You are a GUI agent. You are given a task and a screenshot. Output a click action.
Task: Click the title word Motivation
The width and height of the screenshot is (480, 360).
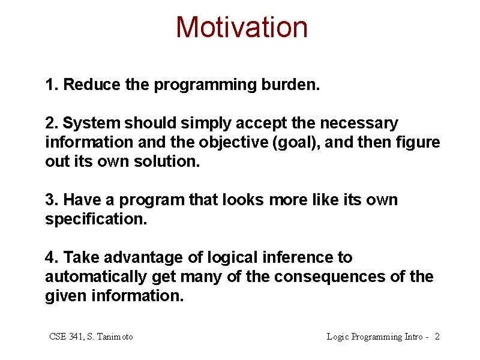(x=242, y=27)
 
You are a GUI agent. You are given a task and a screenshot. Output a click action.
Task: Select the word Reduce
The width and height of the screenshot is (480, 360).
(x=92, y=84)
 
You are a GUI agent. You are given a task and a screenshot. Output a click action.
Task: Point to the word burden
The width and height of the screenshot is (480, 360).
(x=290, y=84)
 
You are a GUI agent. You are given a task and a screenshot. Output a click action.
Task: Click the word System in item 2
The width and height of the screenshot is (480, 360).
(x=92, y=124)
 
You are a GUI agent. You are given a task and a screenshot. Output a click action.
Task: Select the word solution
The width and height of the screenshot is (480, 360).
(x=167, y=161)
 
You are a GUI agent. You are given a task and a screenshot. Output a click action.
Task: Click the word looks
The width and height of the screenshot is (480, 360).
(x=243, y=200)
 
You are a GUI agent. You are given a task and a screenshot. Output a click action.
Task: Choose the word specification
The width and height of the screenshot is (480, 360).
(x=96, y=220)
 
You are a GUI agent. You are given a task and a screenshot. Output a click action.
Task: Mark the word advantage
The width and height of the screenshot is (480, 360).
(x=143, y=258)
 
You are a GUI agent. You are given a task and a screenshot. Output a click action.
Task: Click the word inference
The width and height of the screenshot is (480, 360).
(x=298, y=257)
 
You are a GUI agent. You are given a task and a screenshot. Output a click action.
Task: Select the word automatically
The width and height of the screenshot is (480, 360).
(x=96, y=277)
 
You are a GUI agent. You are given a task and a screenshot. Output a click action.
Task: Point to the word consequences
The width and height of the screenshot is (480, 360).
(x=329, y=277)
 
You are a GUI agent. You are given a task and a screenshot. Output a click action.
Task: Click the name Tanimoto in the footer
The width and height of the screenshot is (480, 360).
(x=115, y=337)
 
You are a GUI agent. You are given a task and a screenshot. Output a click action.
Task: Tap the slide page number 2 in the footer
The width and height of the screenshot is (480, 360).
(x=437, y=337)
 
